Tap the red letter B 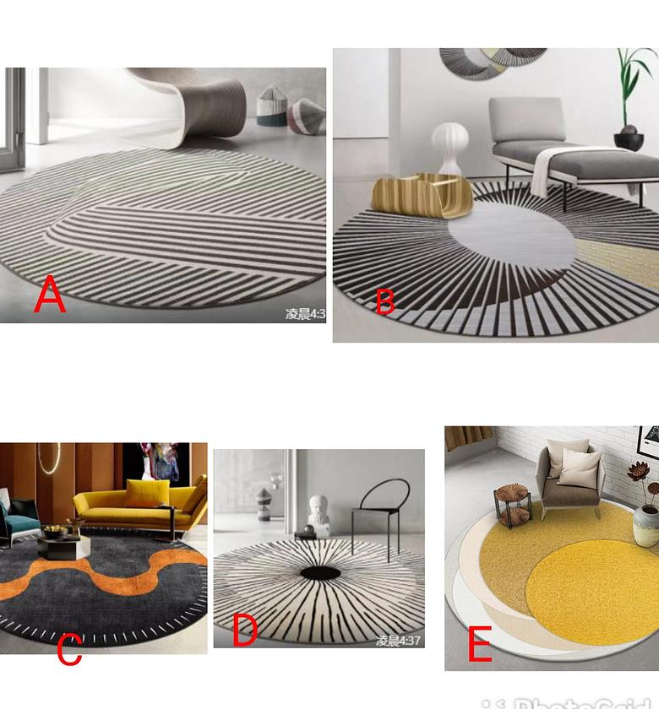tap(384, 301)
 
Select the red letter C tap(69, 649)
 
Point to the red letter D tap(244, 631)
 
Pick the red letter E tap(479, 646)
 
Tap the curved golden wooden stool tap(422, 196)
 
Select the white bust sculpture tap(318, 511)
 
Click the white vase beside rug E tap(646, 523)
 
